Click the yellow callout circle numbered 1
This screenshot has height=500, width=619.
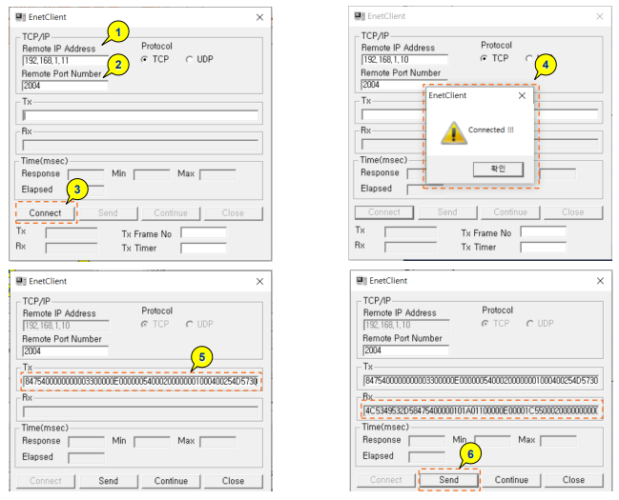coord(116,32)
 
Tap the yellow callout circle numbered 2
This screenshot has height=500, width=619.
coord(117,65)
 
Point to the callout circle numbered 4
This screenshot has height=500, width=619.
coord(543,67)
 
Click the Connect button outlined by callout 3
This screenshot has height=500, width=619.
coord(45,212)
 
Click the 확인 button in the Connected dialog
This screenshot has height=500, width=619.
coord(496,169)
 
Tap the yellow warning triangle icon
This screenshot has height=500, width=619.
coord(451,133)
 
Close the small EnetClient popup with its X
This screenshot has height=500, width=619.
coord(521,95)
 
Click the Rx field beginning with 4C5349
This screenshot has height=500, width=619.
coord(481,411)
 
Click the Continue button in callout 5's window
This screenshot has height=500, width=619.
coord(172,481)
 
